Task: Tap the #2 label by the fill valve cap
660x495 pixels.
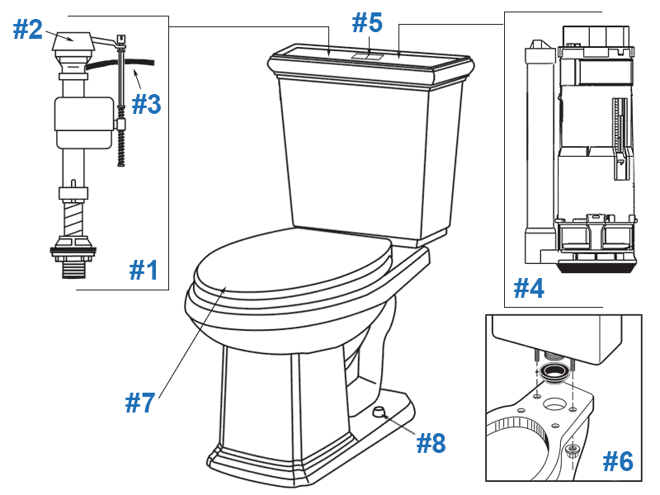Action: click(27, 30)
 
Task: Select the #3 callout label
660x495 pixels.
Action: click(146, 104)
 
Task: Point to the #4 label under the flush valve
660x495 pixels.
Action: click(529, 288)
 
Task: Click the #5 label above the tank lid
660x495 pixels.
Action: click(369, 22)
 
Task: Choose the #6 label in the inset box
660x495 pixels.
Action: click(617, 461)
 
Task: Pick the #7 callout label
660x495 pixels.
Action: click(140, 403)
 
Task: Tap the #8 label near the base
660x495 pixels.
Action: click(431, 443)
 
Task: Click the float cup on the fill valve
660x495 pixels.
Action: click(82, 115)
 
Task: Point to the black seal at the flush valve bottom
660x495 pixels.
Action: click(596, 266)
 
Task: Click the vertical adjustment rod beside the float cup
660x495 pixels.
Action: click(121, 91)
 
